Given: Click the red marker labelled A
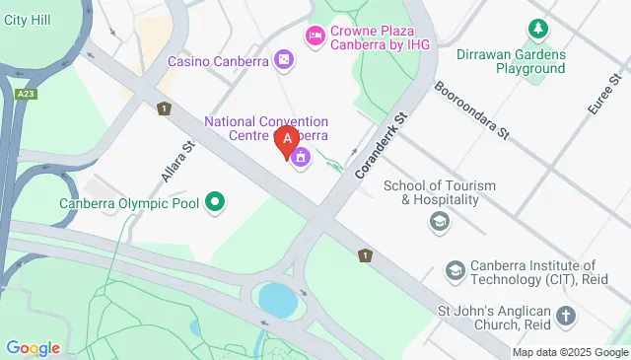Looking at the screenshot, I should pos(287,144).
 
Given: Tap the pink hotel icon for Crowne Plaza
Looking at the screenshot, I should pos(315,36).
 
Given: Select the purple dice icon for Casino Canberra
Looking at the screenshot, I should pos(284,61).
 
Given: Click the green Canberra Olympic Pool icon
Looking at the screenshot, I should pos(213,204).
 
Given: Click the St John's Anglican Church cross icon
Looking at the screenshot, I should pos(565,316).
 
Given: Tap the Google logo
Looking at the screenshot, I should pos(33,347).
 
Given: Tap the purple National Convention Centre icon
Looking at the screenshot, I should pos(300,157).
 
